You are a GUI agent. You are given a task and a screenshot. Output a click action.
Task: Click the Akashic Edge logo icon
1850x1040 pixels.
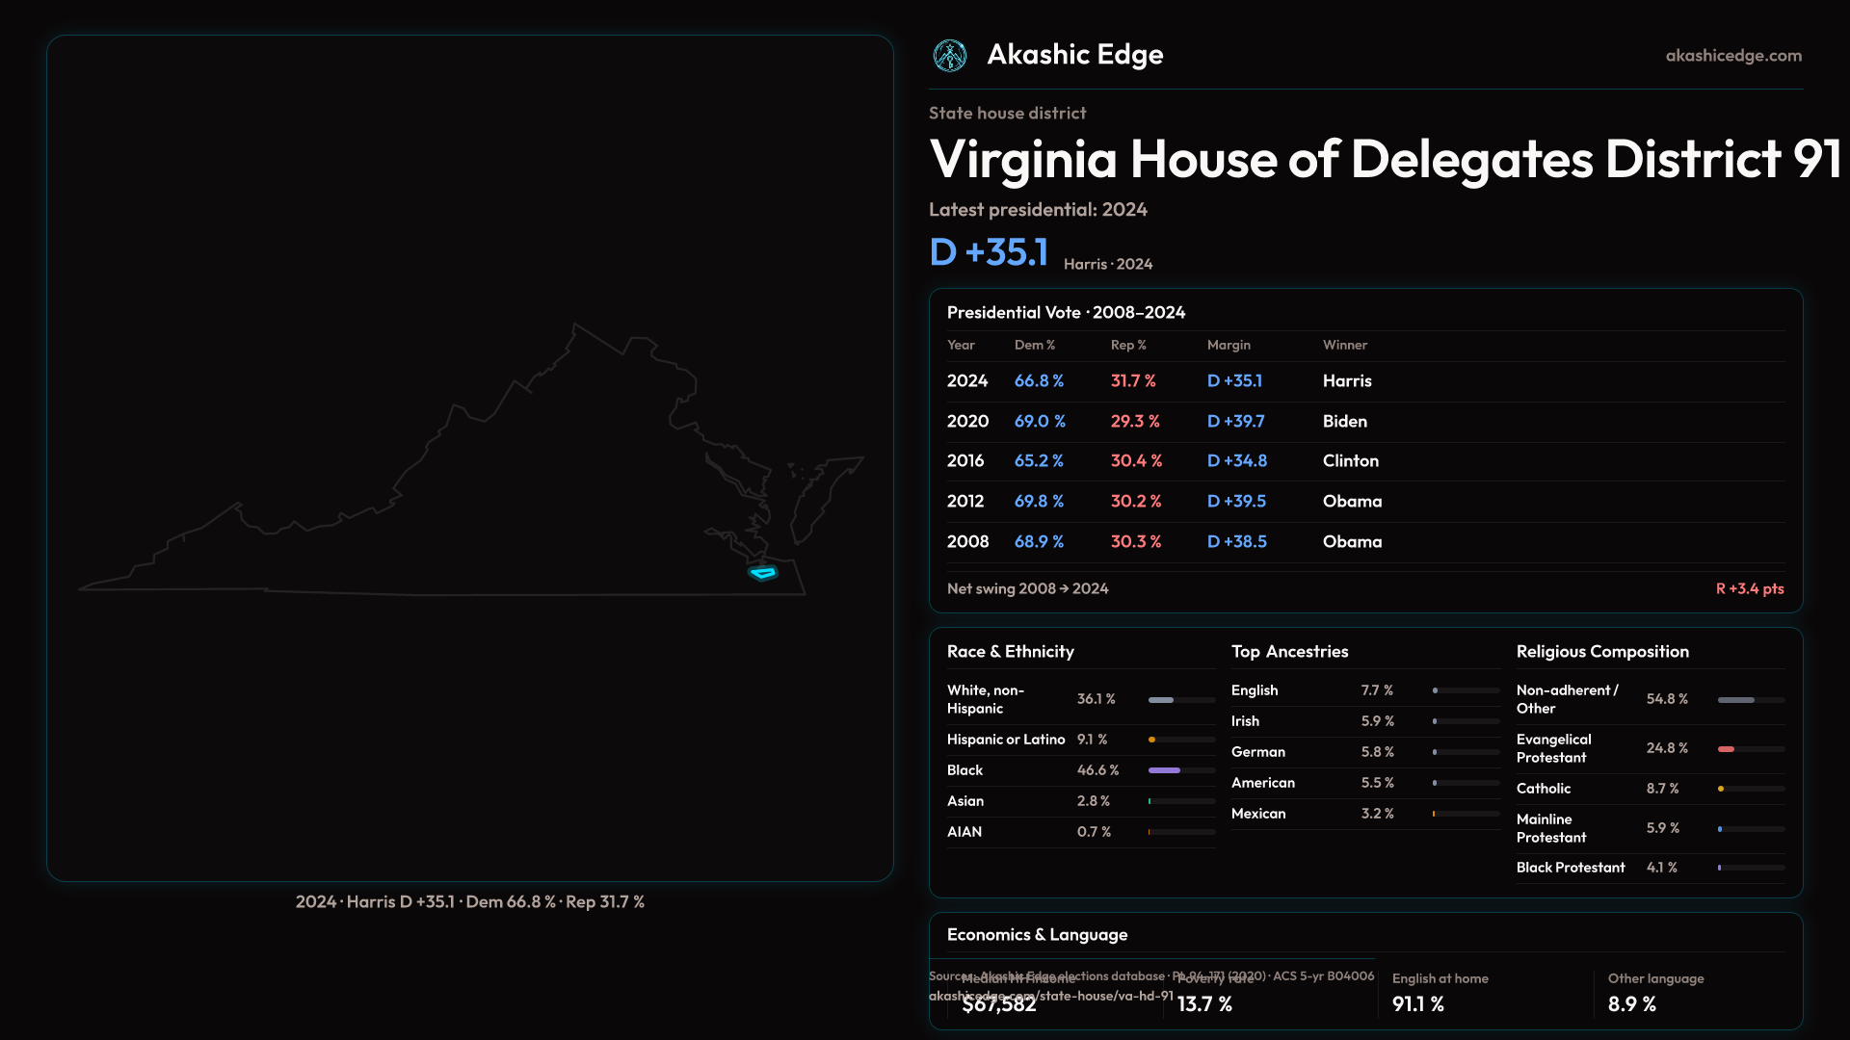point(950,56)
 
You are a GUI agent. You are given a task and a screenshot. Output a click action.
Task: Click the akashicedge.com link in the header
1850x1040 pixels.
point(1733,56)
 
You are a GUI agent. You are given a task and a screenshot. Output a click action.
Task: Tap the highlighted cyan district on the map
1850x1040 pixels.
point(763,573)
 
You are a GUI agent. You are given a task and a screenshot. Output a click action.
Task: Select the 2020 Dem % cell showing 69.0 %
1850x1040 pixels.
point(1040,422)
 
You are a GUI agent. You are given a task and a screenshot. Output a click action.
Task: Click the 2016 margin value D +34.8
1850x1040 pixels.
point(1237,461)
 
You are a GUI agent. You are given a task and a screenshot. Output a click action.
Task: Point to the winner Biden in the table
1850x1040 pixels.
point(1344,422)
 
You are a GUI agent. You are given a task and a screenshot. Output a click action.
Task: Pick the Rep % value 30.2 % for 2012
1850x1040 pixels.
point(1136,502)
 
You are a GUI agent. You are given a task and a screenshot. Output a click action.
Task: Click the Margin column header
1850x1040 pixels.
point(1229,345)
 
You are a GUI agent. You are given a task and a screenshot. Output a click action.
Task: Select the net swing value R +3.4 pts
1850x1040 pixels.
point(1749,588)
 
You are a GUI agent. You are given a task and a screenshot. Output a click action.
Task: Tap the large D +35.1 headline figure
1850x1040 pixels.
point(989,252)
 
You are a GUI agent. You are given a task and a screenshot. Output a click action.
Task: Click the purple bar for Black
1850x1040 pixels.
point(1164,770)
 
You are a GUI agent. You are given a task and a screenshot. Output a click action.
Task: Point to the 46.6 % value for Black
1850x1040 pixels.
point(1097,770)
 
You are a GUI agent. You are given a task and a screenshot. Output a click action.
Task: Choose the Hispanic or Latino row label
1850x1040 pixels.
point(1006,740)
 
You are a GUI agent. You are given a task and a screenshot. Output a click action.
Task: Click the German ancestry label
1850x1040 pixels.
point(1257,752)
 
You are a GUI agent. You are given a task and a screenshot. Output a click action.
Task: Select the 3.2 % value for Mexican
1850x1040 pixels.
point(1377,814)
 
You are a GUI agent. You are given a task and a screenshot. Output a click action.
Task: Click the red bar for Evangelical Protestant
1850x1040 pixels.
point(1726,749)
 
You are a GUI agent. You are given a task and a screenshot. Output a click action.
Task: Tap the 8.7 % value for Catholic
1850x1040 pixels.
point(1662,789)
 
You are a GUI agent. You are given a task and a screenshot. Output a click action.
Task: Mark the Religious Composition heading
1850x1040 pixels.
point(1602,652)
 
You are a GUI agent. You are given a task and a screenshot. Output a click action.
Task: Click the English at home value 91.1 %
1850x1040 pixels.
point(1417,1004)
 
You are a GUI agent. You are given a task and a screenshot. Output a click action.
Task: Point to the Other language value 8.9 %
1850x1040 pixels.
point(1631,1004)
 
